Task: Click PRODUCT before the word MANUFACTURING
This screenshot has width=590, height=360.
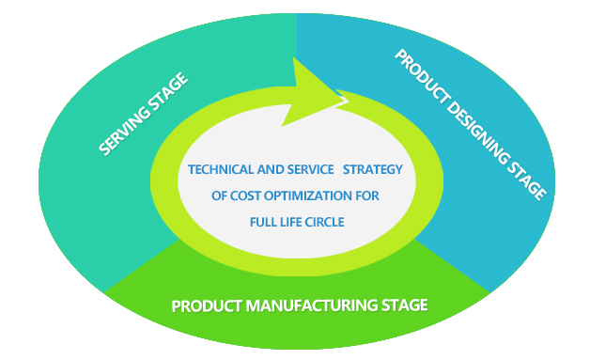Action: tap(207, 305)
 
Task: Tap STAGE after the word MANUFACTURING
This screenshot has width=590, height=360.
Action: tap(405, 305)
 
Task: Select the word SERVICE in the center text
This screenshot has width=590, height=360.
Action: tap(310, 169)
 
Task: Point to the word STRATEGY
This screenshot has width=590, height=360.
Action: tap(373, 169)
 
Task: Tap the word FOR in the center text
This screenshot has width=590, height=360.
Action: tap(367, 196)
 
